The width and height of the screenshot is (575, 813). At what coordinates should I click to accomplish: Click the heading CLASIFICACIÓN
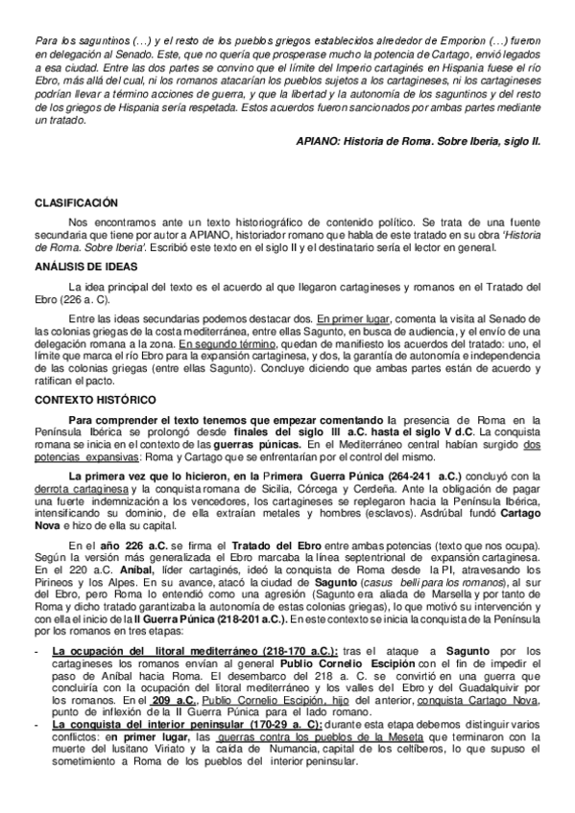click(x=76, y=202)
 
